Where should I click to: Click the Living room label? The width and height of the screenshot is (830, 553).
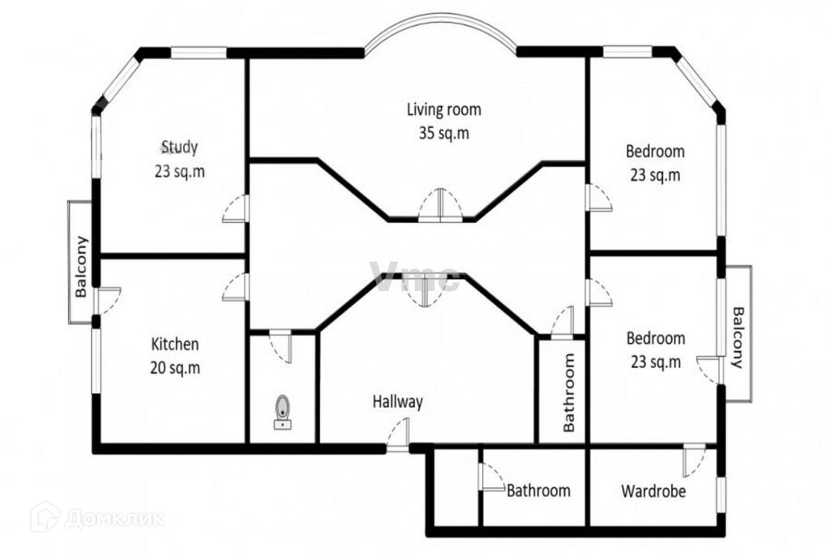pyautogui.click(x=443, y=109)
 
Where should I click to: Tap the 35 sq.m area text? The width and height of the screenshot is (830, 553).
pyautogui.click(x=443, y=133)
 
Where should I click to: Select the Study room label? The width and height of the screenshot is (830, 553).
pyautogui.click(x=179, y=147)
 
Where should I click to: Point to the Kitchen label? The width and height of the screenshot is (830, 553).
pyautogui.click(x=175, y=344)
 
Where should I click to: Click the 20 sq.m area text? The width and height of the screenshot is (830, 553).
pyautogui.click(x=175, y=367)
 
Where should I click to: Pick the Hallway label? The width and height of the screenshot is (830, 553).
pyautogui.click(x=397, y=401)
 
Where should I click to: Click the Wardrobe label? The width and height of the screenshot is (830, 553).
pyautogui.click(x=653, y=491)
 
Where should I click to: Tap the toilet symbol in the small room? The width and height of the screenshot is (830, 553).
pyautogui.click(x=283, y=412)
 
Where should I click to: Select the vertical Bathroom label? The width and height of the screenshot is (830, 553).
pyautogui.click(x=569, y=392)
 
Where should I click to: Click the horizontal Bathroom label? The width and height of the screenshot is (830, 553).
pyautogui.click(x=538, y=491)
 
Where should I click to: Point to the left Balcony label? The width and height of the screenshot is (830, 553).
pyautogui.click(x=81, y=267)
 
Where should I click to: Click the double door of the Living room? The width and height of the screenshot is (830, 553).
pyautogui.click(x=440, y=204)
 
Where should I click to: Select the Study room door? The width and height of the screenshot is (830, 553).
pyautogui.click(x=235, y=208)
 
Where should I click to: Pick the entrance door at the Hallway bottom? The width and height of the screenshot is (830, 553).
pyautogui.click(x=398, y=435)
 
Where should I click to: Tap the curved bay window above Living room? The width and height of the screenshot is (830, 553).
pyautogui.click(x=440, y=24)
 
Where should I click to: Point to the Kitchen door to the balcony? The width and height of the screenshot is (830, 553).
pyautogui.click(x=109, y=300)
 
